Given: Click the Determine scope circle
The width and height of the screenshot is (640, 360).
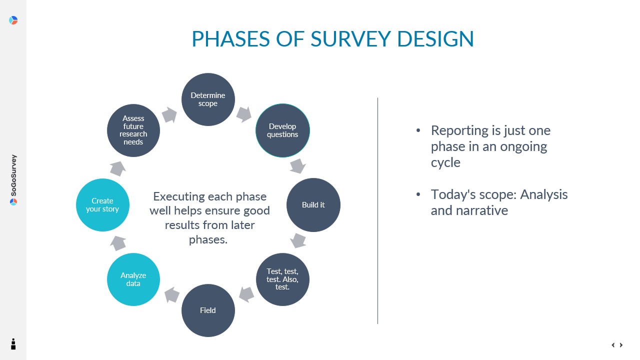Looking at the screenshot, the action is tap(208, 99).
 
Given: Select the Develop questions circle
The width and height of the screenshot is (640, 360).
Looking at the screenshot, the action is tap(282, 130).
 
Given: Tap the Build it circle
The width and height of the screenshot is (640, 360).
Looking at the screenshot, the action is tap(313, 205).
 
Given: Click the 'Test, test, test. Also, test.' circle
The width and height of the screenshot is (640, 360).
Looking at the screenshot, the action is tap(282, 279).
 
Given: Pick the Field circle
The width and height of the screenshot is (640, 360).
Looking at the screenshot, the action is tap(208, 310).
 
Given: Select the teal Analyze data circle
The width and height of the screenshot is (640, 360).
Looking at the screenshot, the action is tap(133, 279).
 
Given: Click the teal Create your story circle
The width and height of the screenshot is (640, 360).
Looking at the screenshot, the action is tap(102, 205).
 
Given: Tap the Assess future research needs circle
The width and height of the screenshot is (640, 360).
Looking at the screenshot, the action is tap(133, 130).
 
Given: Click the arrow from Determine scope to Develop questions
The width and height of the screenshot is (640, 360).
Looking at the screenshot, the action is tap(244, 114).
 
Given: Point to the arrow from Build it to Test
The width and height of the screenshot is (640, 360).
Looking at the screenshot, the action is tap(298, 240).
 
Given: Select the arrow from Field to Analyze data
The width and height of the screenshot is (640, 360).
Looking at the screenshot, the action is tap(172, 295).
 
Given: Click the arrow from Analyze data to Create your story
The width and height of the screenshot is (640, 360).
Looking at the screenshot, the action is tap(118, 243).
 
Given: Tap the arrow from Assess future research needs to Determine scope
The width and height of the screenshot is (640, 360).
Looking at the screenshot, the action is tap(169, 115).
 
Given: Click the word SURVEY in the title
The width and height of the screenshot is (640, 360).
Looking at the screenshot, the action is tap(351, 39).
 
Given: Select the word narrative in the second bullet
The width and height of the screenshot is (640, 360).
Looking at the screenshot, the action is tap(482, 210).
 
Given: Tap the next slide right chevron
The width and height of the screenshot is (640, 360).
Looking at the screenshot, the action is tap(621, 345).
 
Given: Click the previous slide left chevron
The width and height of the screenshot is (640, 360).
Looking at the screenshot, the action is tap(613, 345).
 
